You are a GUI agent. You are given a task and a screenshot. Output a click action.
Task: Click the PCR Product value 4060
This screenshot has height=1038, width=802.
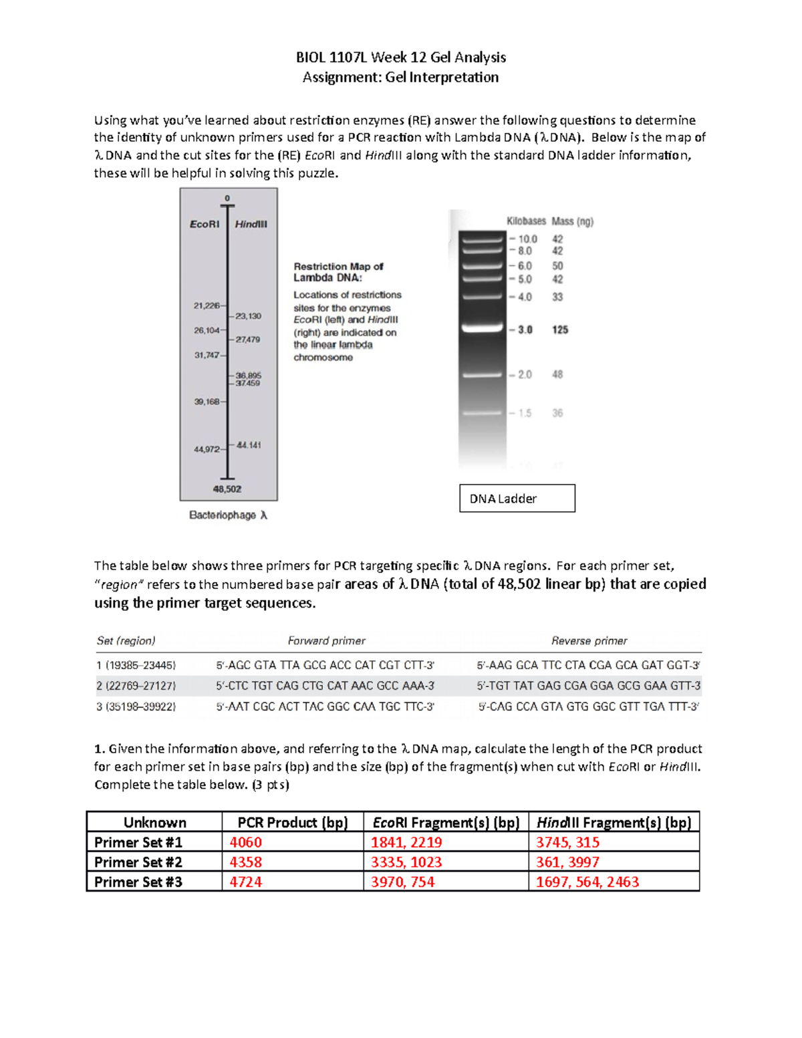(246, 842)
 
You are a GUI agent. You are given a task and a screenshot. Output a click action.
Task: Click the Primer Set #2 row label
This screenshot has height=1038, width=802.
(138, 862)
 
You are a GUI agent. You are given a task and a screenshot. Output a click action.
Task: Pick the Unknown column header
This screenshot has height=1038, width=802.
(154, 822)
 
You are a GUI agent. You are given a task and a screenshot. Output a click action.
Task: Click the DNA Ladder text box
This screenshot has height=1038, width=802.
(517, 499)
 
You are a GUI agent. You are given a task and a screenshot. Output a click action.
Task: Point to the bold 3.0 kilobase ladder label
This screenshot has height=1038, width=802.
(525, 330)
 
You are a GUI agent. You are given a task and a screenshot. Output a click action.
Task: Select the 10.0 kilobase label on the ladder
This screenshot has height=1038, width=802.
(527, 239)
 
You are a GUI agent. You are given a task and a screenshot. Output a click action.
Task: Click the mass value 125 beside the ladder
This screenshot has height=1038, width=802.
(560, 330)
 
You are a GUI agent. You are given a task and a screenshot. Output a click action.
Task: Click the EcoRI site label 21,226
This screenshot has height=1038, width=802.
(207, 305)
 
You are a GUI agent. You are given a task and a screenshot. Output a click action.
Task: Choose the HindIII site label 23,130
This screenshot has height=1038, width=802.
(248, 316)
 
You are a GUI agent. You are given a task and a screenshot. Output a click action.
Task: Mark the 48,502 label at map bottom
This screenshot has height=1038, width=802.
(227, 489)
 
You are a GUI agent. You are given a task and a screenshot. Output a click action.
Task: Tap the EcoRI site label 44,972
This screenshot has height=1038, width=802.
(207, 449)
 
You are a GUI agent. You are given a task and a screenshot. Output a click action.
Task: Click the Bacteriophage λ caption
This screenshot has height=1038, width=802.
(228, 515)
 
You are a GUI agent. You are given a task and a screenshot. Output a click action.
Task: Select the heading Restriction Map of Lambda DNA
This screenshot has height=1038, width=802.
(338, 272)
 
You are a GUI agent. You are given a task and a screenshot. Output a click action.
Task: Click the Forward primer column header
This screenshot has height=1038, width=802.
(326, 641)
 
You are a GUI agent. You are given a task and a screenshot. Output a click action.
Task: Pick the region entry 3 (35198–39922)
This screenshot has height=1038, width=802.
(136, 706)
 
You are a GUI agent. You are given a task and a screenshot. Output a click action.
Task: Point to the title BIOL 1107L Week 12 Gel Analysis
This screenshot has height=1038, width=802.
(401, 57)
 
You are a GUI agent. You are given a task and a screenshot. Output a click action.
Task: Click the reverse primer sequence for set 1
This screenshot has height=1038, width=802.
(588, 665)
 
